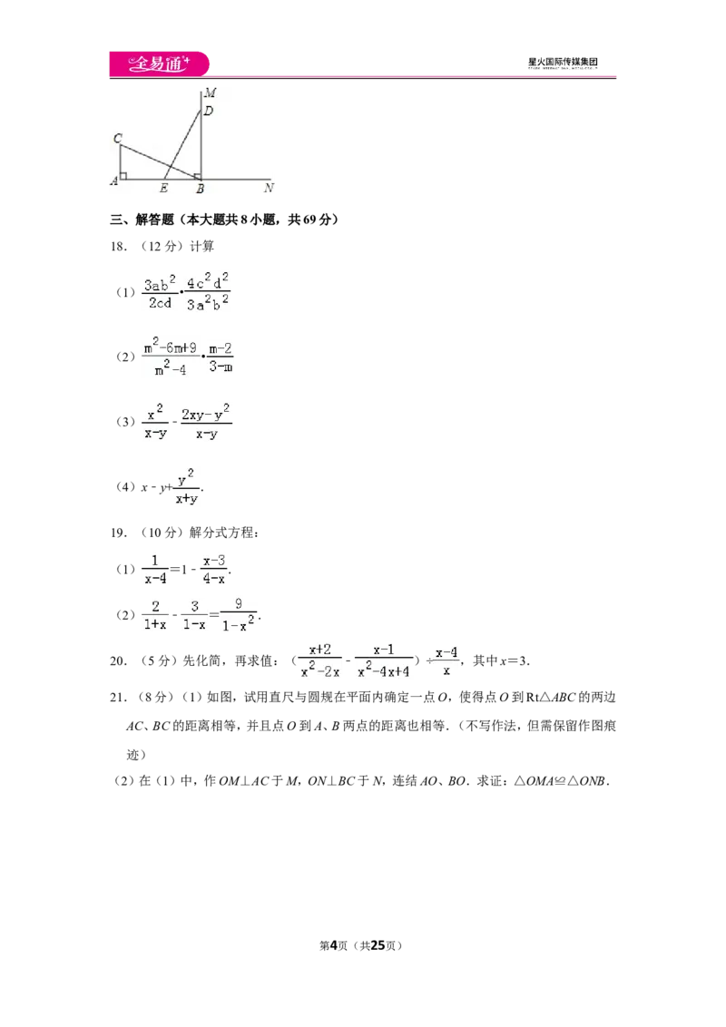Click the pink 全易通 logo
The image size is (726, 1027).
tap(159, 64)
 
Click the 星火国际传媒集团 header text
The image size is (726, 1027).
tap(563, 63)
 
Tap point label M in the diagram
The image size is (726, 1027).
tap(211, 93)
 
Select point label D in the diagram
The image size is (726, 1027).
tap(209, 111)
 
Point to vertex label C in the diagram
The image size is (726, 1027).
tap(118, 138)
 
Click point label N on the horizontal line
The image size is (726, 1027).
tap(269, 188)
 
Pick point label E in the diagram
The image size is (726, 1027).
tap(164, 189)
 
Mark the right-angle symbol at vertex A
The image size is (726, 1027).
tap(123, 175)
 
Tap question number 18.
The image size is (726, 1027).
tap(117, 246)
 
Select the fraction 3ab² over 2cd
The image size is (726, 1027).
tap(160, 292)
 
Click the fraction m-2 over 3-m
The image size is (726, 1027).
tap(221, 357)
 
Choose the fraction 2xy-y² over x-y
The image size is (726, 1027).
tap(206, 423)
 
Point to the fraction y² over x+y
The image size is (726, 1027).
tap(187, 486)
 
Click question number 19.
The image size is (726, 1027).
tap(118, 533)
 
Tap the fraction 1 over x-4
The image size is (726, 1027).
tap(155, 570)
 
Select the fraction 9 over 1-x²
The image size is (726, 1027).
tap(239, 615)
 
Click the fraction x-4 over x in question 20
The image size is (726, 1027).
tap(446, 661)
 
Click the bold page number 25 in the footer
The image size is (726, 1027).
tap(378, 945)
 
